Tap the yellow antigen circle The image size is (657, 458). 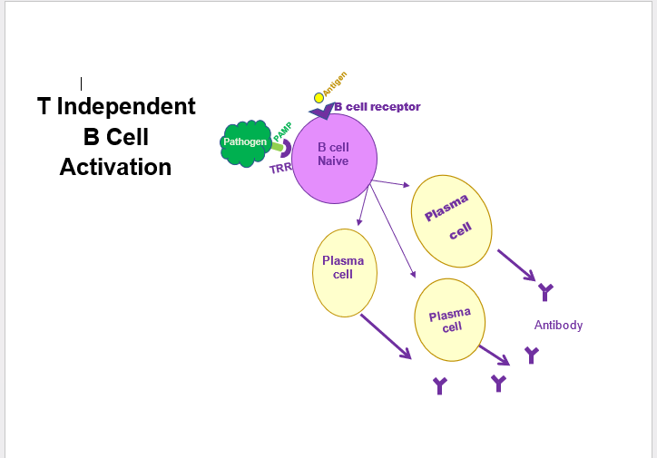pyautogui.click(x=319, y=98)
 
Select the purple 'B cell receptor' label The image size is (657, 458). pyautogui.click(x=377, y=107)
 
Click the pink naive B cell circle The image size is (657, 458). pyautogui.click(x=333, y=159)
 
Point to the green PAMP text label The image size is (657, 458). pyautogui.click(x=281, y=132)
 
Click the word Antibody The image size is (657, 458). pyautogui.click(x=558, y=325)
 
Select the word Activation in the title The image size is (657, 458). pyautogui.click(x=115, y=167)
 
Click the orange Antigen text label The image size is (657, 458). pyautogui.click(x=335, y=83)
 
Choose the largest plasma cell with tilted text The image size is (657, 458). pyautogui.click(x=452, y=221)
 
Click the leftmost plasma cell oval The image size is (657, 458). pyautogui.click(x=344, y=272)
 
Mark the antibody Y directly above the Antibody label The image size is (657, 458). pyautogui.click(x=545, y=292)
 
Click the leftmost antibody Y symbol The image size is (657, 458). pyautogui.click(x=440, y=386)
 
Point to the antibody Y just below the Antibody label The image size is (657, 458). pyautogui.click(x=532, y=355)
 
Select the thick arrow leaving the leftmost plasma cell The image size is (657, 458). pyautogui.click(x=385, y=336)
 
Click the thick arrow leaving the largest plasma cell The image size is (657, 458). pyautogui.click(x=515, y=264)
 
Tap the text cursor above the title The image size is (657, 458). pyautogui.click(x=82, y=83)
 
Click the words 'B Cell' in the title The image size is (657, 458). pyautogui.click(x=115, y=137)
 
